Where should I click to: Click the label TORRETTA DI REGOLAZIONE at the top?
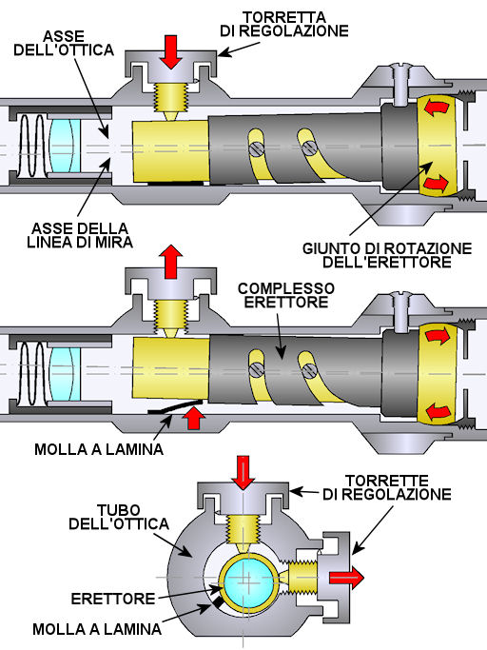click(284, 25)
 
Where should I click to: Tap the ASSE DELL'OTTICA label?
click(64, 43)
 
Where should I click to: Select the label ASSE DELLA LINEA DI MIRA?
click(80, 235)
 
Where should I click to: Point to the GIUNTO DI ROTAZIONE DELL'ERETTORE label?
click(387, 255)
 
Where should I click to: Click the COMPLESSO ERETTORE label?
click(286, 295)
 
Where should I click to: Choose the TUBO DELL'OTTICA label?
click(119, 517)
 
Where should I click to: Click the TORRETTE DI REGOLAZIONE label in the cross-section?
click(387, 487)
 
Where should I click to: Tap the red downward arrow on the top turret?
click(171, 51)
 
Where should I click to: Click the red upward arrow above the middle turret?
click(172, 262)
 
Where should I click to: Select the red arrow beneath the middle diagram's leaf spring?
click(193, 418)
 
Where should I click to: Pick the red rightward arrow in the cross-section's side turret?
click(346, 578)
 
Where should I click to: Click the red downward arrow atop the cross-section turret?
click(243, 473)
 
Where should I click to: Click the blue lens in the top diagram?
click(65, 146)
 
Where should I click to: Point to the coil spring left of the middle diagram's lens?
click(32, 374)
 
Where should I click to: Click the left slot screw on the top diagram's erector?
click(256, 148)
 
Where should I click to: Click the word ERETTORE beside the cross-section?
click(113, 599)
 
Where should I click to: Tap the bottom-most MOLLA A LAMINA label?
click(97, 629)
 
